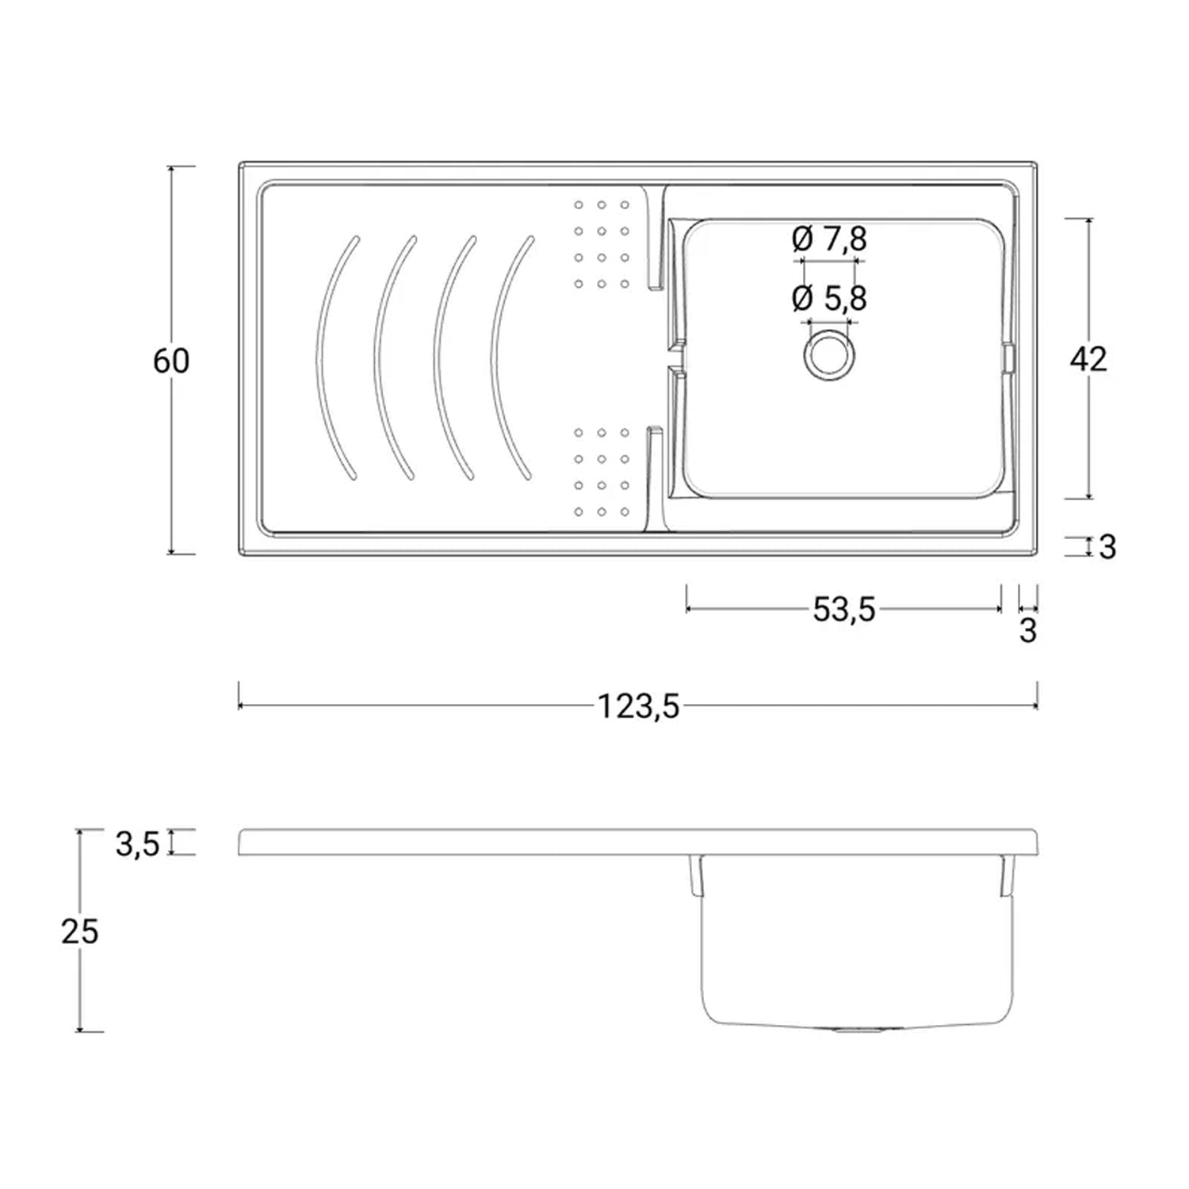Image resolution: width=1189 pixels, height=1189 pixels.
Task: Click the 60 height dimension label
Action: (x=171, y=361)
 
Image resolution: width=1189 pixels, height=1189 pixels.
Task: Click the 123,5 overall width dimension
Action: (x=638, y=705)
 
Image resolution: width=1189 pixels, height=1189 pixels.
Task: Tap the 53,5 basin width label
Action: (x=844, y=609)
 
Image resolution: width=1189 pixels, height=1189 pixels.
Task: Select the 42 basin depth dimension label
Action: (x=1088, y=360)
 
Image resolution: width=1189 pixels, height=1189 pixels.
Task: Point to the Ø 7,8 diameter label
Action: (x=829, y=238)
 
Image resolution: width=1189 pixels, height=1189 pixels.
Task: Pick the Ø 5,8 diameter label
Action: (x=829, y=298)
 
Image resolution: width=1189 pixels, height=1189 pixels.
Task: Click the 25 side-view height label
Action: (x=80, y=932)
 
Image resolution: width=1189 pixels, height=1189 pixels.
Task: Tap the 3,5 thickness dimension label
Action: (x=138, y=844)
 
